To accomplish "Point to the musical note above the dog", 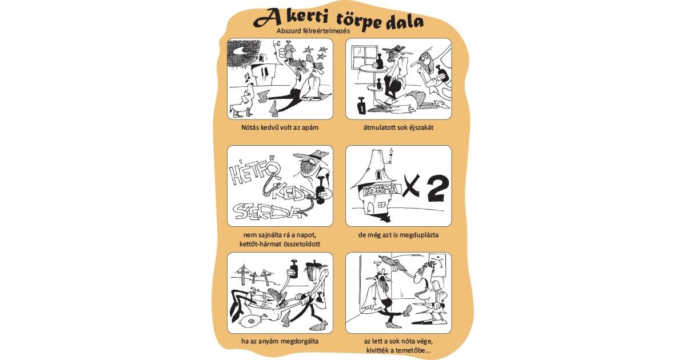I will click(247, 77).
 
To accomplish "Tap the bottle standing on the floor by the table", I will click(361, 106).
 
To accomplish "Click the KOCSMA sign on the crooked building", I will click(378, 191).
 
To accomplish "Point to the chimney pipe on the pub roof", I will click(391, 154).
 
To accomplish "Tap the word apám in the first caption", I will click(306, 127).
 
